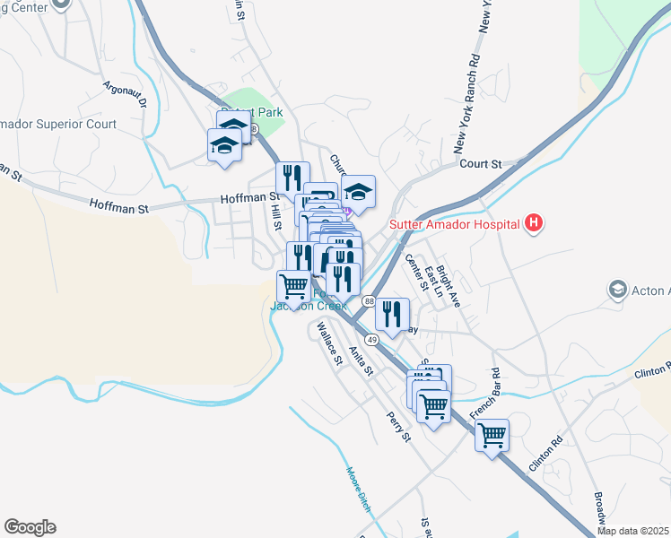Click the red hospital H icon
click(x=534, y=222)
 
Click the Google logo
click(x=30, y=527)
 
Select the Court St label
click(x=480, y=164)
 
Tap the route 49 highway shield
click(x=371, y=341)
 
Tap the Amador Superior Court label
click(x=58, y=124)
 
